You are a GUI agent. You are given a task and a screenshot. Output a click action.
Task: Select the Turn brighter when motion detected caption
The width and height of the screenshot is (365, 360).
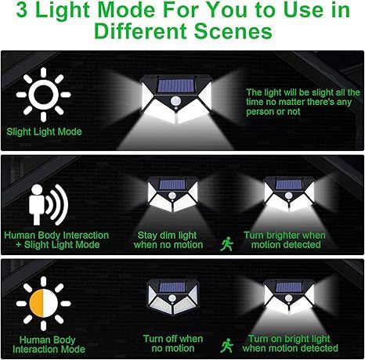(284, 239)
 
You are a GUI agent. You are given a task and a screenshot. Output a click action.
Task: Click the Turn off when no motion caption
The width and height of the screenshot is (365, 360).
(172, 343)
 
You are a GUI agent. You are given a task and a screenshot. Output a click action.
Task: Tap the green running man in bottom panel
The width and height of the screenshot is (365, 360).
(227, 344)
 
